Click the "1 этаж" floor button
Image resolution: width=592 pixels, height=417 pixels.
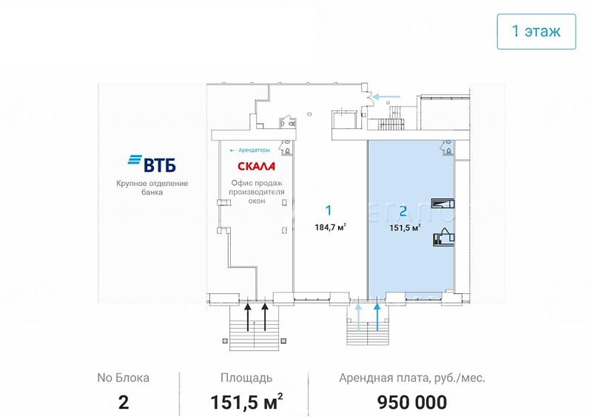tap(536, 31)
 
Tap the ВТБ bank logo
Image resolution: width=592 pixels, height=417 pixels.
tap(152, 164)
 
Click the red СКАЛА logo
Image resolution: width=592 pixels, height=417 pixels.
tap(256, 166)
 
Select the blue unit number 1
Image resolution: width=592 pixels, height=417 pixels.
tap(329, 210)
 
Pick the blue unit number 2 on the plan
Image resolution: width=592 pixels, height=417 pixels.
tap(403, 211)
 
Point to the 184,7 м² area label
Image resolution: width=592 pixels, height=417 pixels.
tap(330, 227)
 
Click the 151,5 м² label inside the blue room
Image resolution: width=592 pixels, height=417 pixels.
tap(405, 227)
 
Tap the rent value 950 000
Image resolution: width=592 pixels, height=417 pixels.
tap(412, 402)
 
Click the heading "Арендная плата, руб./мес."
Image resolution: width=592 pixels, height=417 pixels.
tap(412, 378)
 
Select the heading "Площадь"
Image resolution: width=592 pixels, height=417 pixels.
tap(246, 378)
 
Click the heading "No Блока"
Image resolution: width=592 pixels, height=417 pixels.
tap(123, 378)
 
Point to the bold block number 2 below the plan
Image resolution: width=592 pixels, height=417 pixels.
tap(124, 403)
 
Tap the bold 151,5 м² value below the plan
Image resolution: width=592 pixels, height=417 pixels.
tap(246, 402)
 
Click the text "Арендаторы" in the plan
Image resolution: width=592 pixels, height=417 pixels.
tap(254, 150)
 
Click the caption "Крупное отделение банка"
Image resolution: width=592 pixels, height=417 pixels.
tap(152, 188)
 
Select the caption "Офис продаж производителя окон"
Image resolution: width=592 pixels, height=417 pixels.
tap(257, 192)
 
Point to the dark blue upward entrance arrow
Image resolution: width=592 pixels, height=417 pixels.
tap(377, 316)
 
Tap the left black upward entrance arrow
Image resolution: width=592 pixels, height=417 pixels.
tap(248, 316)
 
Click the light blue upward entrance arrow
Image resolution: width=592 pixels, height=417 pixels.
tap(358, 316)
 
